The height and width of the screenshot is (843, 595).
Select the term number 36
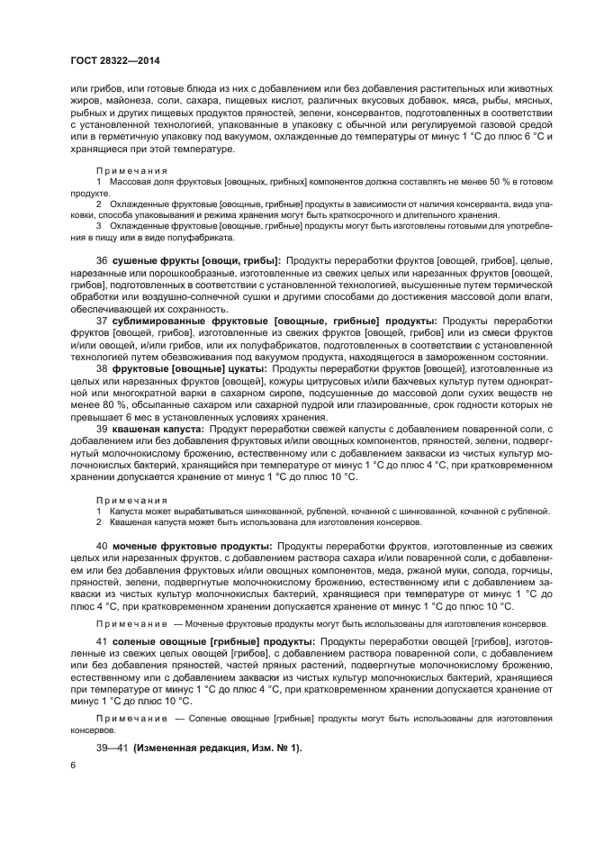coord(102,261)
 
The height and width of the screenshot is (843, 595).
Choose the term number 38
coord(102,369)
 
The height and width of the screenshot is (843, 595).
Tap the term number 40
coord(102,547)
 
